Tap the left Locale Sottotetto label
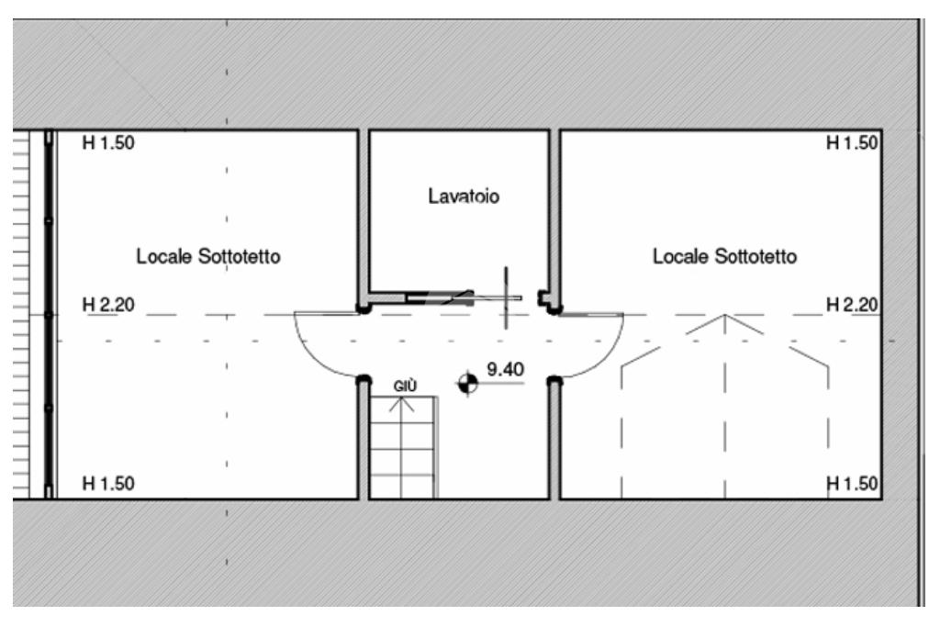[208, 257]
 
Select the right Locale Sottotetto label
[724, 257]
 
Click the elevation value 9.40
[505, 370]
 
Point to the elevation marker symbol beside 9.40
[468, 383]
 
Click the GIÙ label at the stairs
[405, 386]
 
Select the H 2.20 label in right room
[853, 304]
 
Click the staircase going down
[403, 450]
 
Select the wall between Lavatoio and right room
[554, 211]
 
